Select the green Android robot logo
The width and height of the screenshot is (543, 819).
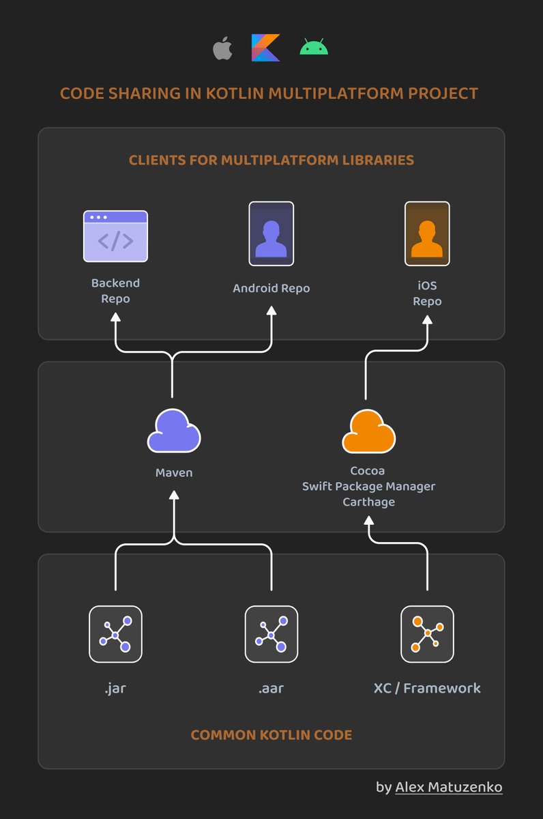314,48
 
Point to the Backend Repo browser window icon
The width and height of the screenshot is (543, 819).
115,236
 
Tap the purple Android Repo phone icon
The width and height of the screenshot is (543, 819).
271,233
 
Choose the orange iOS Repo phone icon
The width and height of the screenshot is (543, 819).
427,233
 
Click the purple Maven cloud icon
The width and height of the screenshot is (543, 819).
174,431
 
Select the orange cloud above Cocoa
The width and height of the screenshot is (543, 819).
368,431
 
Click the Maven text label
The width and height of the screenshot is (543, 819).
174,472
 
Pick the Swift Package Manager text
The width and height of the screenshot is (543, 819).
368,486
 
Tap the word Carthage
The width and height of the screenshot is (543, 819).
368,502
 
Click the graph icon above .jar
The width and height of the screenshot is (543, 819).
115,634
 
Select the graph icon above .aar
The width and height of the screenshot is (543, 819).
271,634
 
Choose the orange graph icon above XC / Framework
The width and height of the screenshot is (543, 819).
427,634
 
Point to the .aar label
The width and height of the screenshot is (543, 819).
271,688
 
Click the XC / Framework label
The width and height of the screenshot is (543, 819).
427,688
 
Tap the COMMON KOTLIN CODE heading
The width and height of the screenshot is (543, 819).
271,735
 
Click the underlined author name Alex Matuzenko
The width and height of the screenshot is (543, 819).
449,787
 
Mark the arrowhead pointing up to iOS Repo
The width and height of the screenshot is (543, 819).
428,320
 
